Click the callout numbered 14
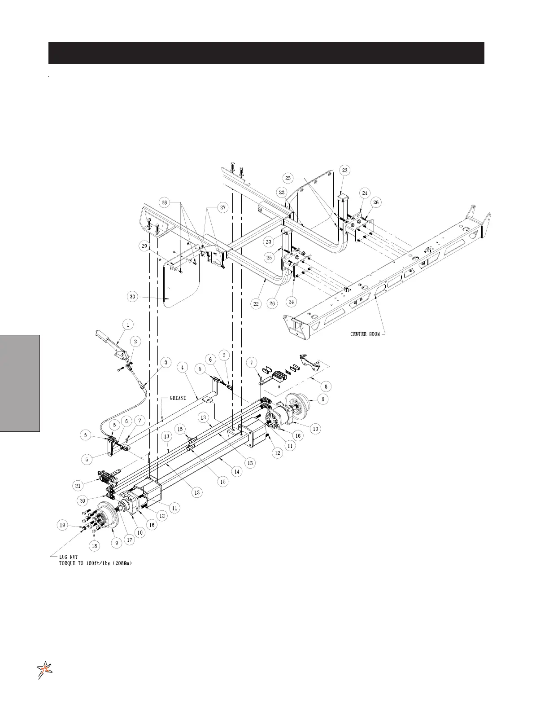click(236, 472)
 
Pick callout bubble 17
click(129, 540)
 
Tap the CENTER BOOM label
click(365, 334)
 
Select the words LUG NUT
click(68, 557)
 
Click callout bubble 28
click(165, 202)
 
